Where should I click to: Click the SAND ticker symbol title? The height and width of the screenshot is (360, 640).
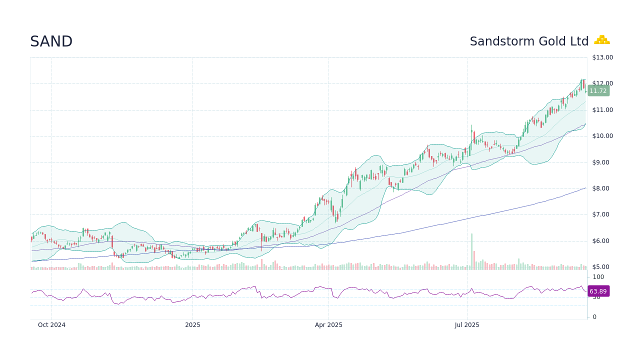[x=51, y=42]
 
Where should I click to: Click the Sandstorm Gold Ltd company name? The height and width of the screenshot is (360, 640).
[x=529, y=41]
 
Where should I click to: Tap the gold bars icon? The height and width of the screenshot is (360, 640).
[x=601, y=40]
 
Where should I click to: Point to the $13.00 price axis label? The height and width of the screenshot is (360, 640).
[x=602, y=57]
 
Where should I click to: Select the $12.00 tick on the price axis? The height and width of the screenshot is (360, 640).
[x=602, y=83]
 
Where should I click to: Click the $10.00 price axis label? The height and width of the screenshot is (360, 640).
[x=602, y=136]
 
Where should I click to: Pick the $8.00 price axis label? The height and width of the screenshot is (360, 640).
[x=602, y=188]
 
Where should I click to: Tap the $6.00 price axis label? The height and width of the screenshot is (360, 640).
[x=602, y=241]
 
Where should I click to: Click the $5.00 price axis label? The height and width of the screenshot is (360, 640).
[x=602, y=267]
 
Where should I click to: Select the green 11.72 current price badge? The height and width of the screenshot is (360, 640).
[x=598, y=91]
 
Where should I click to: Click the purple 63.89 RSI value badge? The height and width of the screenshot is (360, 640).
[x=598, y=291]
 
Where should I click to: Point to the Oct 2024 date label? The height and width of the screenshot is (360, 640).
[x=51, y=325]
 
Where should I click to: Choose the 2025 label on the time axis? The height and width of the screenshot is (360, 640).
[x=192, y=325]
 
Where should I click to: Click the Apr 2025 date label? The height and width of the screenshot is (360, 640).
[x=328, y=325]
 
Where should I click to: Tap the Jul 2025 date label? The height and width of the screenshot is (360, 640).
[x=467, y=325]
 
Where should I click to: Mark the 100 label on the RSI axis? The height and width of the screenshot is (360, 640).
[x=598, y=277]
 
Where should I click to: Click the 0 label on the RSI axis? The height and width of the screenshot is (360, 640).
[x=594, y=317]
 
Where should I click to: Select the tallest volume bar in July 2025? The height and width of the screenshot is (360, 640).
[x=471, y=252]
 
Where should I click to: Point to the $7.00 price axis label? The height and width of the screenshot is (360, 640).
[x=602, y=214]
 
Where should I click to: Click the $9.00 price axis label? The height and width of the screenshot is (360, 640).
[x=602, y=162]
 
